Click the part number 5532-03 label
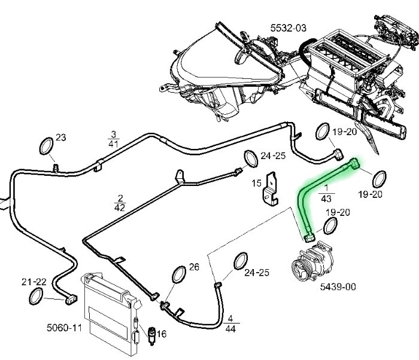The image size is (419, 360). click(x=288, y=28)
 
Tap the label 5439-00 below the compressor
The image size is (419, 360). click(x=338, y=287)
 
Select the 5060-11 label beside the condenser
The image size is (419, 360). click(x=63, y=327)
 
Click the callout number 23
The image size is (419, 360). click(x=60, y=138)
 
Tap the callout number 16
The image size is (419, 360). click(x=161, y=334)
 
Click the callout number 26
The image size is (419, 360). click(x=193, y=267)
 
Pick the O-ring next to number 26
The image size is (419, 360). click(x=178, y=274)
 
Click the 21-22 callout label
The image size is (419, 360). click(x=34, y=281)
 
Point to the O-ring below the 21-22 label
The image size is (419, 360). click(x=36, y=295)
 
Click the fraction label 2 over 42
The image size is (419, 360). click(x=120, y=203)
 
